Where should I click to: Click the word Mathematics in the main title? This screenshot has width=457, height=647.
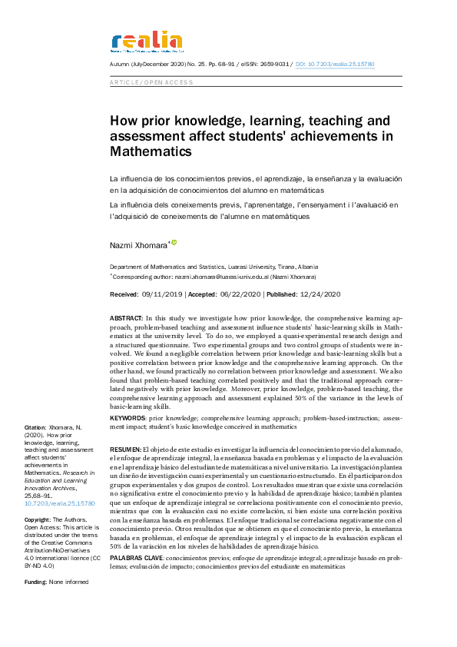151,152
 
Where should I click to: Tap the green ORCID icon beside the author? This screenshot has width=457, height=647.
174,243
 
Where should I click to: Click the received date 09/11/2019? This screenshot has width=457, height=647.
161,294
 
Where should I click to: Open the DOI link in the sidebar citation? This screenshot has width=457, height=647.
60,503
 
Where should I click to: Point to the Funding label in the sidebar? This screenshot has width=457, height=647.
37,582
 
